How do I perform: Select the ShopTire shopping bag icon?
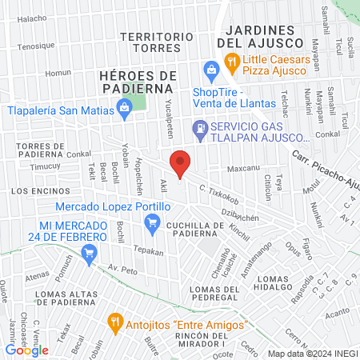point(211,71)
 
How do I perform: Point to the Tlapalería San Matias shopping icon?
point(124,106)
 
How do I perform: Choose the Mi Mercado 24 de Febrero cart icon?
point(89,254)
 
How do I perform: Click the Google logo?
point(27,350)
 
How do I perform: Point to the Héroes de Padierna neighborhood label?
point(138,81)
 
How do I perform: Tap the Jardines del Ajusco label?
point(260,36)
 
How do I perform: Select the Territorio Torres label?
point(156,42)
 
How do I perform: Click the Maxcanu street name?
point(244,170)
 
